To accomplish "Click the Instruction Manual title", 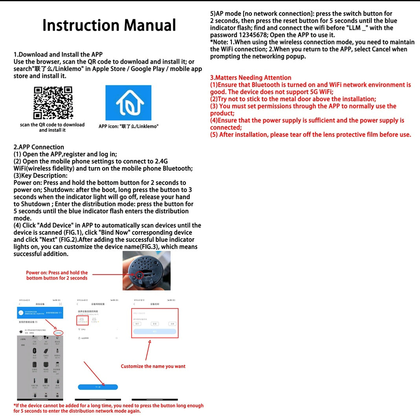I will pos(109,25).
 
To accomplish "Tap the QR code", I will pos(53,103).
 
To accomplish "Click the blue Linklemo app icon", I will pos(128,103).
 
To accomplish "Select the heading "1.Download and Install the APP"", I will pos(58,55).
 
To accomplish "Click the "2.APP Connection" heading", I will pos(39,147).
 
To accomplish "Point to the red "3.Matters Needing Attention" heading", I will pos(251,78).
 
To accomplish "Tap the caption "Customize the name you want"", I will pos(153,366).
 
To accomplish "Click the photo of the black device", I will pos(146,271).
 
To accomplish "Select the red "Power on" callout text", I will pos(57,275).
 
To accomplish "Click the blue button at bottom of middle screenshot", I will pos(98,387).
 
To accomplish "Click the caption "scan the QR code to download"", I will pos(52,125).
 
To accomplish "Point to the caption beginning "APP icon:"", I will pos(128,127).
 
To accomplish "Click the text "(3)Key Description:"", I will pos(40,176).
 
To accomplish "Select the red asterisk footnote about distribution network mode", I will pos(108,408).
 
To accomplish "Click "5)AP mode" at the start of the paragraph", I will pos(226,14).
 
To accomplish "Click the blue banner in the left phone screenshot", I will pos(40,313).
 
